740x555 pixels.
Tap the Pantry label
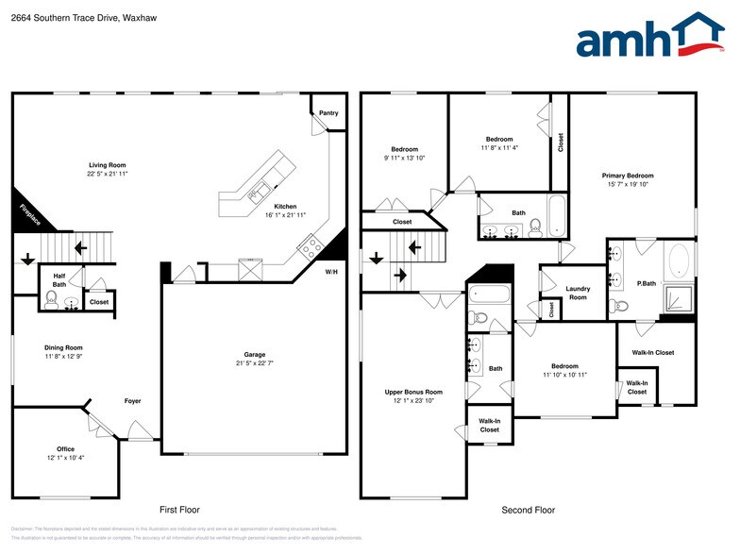click(x=328, y=113)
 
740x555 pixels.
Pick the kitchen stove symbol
click(x=311, y=247)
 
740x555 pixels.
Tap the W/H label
click(x=331, y=273)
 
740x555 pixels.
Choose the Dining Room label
click(x=63, y=347)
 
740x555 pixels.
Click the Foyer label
click(x=133, y=401)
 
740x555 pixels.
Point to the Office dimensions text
click(x=65, y=458)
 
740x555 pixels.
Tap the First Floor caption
click(x=179, y=510)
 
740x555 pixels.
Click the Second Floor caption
click(x=528, y=510)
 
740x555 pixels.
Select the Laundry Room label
click(x=578, y=293)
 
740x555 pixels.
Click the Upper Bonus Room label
click(x=413, y=392)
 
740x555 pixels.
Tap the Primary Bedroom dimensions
click(x=628, y=185)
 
